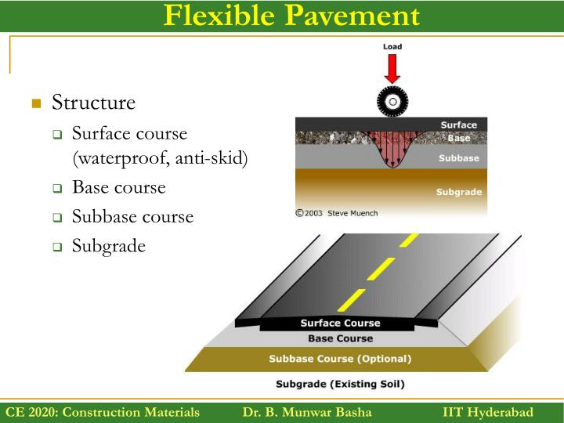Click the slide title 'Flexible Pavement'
(x=291, y=16)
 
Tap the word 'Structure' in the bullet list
(x=93, y=103)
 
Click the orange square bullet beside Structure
(x=35, y=103)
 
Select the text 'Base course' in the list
(x=118, y=187)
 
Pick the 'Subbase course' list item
(x=132, y=217)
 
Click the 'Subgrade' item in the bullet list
(x=109, y=246)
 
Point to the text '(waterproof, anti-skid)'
(x=160, y=159)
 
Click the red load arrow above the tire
(x=392, y=69)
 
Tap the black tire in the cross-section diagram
(x=392, y=101)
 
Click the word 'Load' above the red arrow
(x=392, y=47)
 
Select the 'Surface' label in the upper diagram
(x=458, y=125)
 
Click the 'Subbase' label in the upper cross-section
(x=458, y=157)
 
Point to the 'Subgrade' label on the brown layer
(x=458, y=192)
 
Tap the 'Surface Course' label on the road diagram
(x=340, y=323)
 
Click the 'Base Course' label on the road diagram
(x=340, y=338)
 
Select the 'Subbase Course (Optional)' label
(x=340, y=360)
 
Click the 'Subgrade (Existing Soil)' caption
(x=340, y=385)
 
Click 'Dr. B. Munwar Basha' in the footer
(x=307, y=412)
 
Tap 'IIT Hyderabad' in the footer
(x=487, y=412)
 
